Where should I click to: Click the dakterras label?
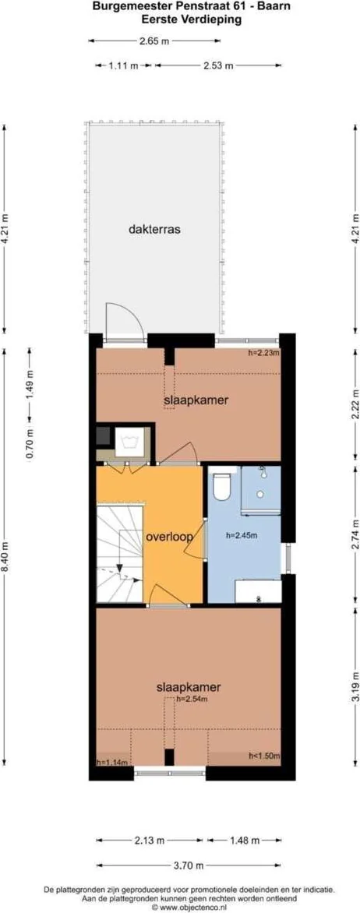(154, 229)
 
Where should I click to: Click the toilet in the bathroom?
(221, 486)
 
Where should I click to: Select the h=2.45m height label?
(241, 535)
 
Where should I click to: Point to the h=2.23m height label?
(263, 353)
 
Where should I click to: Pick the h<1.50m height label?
(263, 756)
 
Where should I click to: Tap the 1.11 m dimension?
(123, 66)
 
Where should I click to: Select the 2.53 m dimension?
(217, 66)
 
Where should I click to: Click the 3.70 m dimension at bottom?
(190, 865)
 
